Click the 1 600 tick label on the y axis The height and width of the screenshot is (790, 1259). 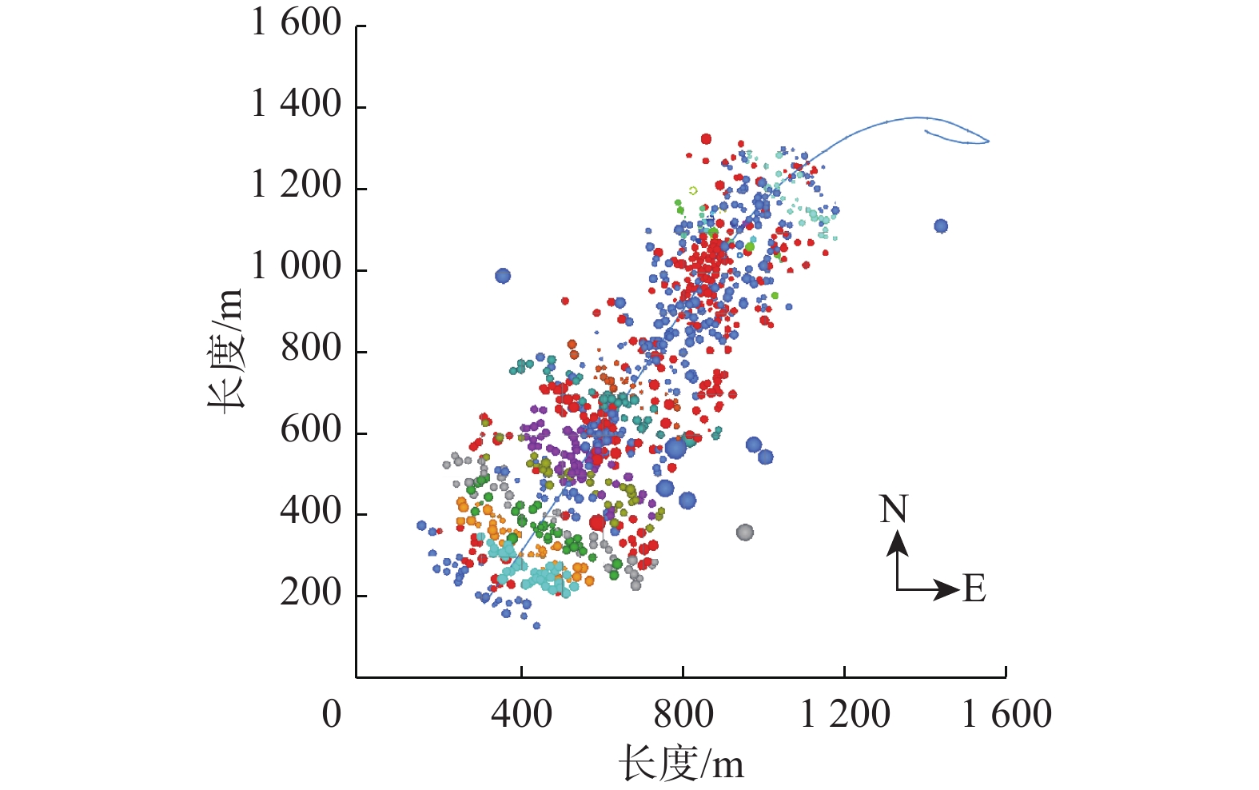tap(296, 23)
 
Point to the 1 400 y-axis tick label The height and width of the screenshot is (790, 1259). tap(296, 105)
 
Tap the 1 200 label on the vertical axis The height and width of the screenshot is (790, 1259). tap(296, 186)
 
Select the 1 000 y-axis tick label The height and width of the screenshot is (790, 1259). tap(296, 267)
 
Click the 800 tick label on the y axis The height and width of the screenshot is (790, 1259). tap(311, 349)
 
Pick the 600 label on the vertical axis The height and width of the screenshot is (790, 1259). tap(311, 431)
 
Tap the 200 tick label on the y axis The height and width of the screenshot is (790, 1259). tap(311, 593)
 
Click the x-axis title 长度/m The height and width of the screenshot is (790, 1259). tap(681, 764)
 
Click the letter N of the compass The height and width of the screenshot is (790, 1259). tap(894, 510)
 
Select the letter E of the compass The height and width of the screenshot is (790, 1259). tap(974, 589)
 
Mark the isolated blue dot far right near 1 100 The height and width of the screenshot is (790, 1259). tap(941, 226)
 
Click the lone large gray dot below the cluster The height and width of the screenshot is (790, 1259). tap(744, 532)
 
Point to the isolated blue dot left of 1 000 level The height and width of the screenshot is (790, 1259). tap(502, 276)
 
